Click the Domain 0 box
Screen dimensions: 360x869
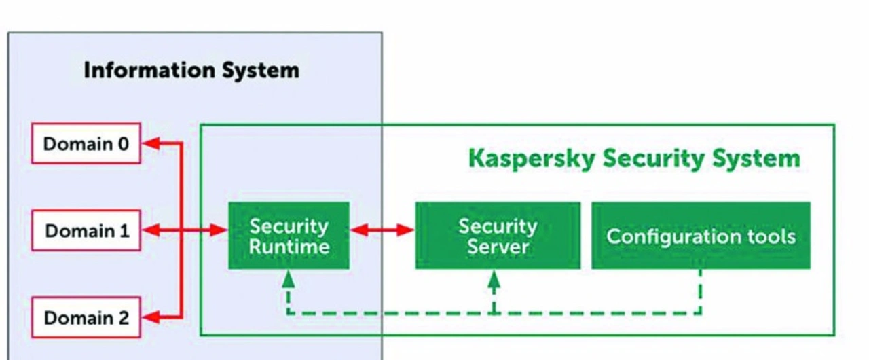(x=86, y=143)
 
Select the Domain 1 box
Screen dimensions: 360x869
(x=86, y=230)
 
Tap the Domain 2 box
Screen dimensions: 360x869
(x=86, y=317)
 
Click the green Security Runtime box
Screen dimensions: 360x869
(x=289, y=235)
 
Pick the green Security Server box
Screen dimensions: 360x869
(x=498, y=235)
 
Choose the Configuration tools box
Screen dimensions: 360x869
(x=701, y=235)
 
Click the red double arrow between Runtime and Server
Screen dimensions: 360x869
(x=382, y=230)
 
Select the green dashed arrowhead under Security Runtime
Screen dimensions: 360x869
(x=289, y=278)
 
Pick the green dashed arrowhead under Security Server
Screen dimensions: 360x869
(x=494, y=278)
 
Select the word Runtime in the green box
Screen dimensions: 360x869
(x=289, y=246)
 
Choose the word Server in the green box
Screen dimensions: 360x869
(x=498, y=246)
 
